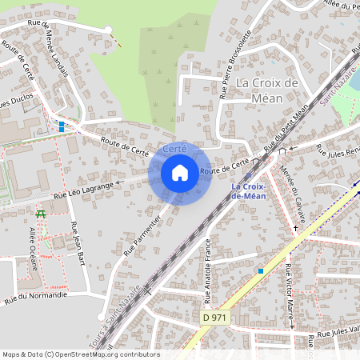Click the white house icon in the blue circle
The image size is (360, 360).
180,172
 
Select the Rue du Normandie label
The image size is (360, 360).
36,298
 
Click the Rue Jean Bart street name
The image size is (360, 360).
78,242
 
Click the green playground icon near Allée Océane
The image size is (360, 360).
41,214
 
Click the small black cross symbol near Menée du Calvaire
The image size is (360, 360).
295,228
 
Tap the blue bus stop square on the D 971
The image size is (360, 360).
261,271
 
